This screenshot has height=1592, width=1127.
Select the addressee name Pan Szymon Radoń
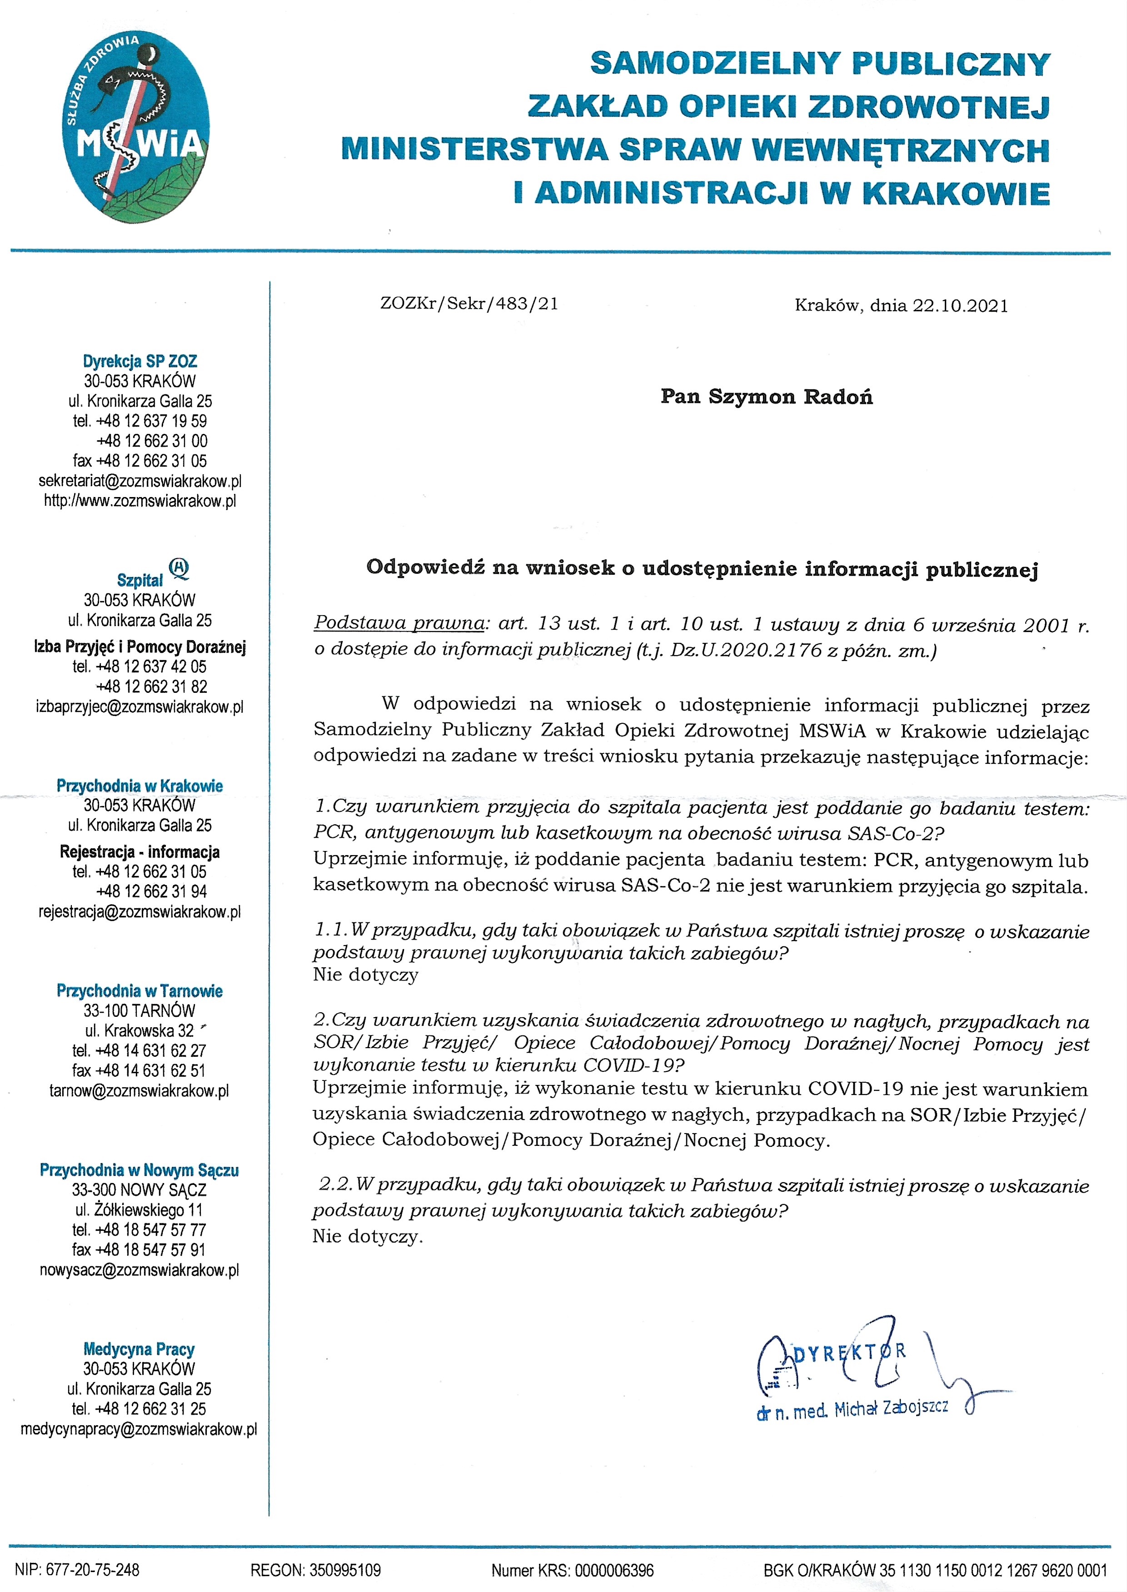[766, 397]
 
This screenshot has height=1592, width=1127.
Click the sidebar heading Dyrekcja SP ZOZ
[140, 361]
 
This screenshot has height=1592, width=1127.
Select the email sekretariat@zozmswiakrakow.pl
[140, 481]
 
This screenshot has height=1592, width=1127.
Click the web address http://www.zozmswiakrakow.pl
[140, 501]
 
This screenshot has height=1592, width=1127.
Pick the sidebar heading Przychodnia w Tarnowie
[140, 990]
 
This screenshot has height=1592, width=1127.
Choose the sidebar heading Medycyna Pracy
[139, 1349]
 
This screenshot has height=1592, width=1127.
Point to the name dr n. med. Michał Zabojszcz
[852, 1409]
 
